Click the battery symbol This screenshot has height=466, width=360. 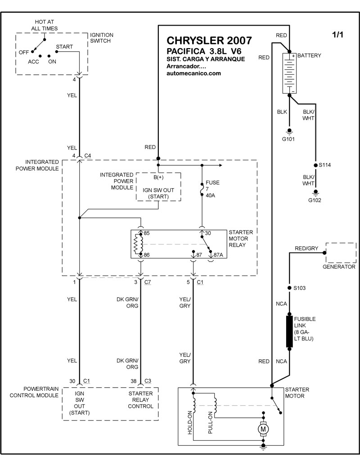coord(290,73)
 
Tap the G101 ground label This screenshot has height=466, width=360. coord(288,139)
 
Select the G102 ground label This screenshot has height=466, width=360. coord(315,199)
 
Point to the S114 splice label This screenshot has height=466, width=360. coord(324,165)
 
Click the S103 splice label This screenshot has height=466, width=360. coord(299,288)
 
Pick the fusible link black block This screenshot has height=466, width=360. coord(289,331)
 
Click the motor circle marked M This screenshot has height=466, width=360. coord(262,430)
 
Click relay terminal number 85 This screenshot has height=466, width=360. coord(146,234)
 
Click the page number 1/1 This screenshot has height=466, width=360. coord(337,36)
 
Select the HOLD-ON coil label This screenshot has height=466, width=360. coord(190,424)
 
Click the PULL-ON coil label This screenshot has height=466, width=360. coord(210,424)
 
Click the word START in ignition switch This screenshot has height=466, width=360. coord(64,46)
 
